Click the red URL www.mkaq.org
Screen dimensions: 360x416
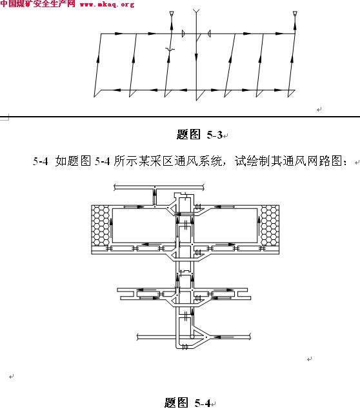click(x=107, y=5)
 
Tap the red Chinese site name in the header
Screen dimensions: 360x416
click(x=37, y=4)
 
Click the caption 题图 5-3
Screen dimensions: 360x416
click(x=200, y=135)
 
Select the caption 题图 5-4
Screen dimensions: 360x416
click(x=188, y=402)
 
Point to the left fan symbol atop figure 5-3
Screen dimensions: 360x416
click(x=172, y=13)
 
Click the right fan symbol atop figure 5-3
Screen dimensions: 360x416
click(x=295, y=13)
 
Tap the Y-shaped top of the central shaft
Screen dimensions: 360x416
click(x=196, y=12)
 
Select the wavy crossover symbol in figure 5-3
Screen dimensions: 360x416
click(x=170, y=49)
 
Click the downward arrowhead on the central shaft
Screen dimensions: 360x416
click(x=196, y=57)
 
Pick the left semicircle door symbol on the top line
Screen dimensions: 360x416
click(x=183, y=34)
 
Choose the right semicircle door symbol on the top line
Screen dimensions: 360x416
click(x=209, y=34)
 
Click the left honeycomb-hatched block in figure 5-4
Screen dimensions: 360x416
click(x=101, y=225)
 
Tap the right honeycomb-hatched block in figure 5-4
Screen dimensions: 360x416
click(x=270, y=225)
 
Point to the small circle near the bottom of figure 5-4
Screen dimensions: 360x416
click(x=192, y=337)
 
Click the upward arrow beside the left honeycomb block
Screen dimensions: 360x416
click(x=111, y=228)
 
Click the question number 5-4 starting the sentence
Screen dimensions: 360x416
click(x=41, y=161)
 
